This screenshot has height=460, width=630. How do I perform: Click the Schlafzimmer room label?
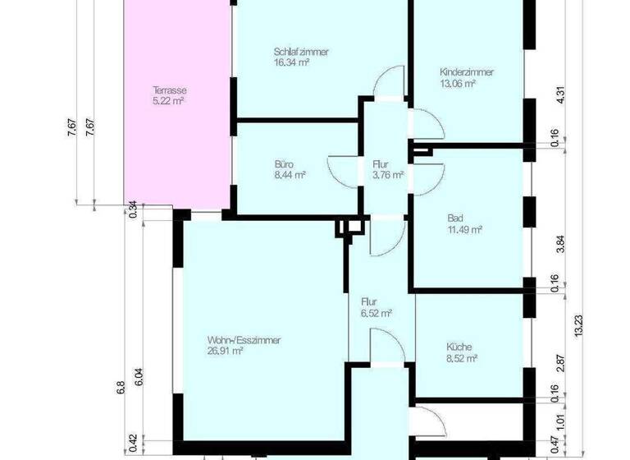[301, 51]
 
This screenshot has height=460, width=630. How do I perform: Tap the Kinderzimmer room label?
[467, 72]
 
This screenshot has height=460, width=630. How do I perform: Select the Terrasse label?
[167, 90]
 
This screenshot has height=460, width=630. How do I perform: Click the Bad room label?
[454, 218]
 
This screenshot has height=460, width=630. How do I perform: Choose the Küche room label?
[460, 347]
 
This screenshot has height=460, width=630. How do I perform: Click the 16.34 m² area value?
[291, 62]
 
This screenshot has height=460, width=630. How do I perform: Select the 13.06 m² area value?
[458, 84]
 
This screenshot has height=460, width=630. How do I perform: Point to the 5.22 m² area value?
[167, 101]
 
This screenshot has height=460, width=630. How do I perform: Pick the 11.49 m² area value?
[464, 229]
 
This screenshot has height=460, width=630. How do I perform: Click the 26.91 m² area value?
[225, 351]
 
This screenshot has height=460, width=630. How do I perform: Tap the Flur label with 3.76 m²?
[380, 163]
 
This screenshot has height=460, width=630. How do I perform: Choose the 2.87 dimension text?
[560, 364]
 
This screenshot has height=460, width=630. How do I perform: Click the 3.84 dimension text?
[560, 245]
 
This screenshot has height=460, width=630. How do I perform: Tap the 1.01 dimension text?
[560, 421]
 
